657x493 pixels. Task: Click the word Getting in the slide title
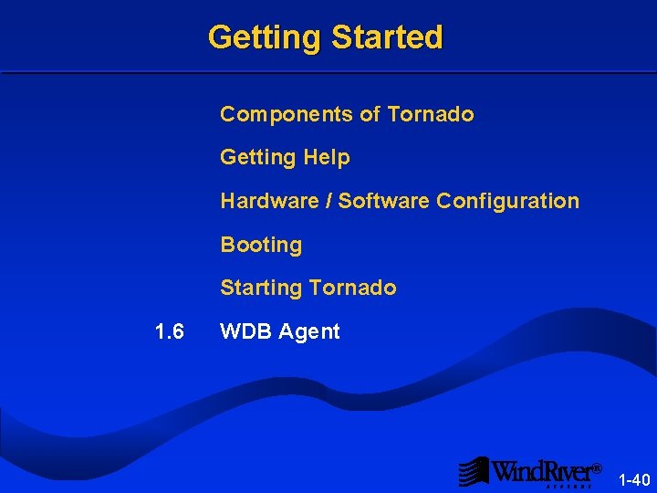[266, 38]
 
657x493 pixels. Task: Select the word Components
[287, 114]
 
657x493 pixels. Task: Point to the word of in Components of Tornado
[370, 114]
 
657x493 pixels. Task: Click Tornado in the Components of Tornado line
[430, 114]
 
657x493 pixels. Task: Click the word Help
[327, 157]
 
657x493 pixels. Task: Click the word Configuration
[507, 201]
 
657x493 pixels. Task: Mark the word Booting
[261, 246]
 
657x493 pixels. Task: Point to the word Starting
[261, 288]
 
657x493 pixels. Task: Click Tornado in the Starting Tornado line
[352, 288]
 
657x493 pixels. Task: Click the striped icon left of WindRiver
[473, 471]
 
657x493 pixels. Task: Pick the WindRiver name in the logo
[542, 471]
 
